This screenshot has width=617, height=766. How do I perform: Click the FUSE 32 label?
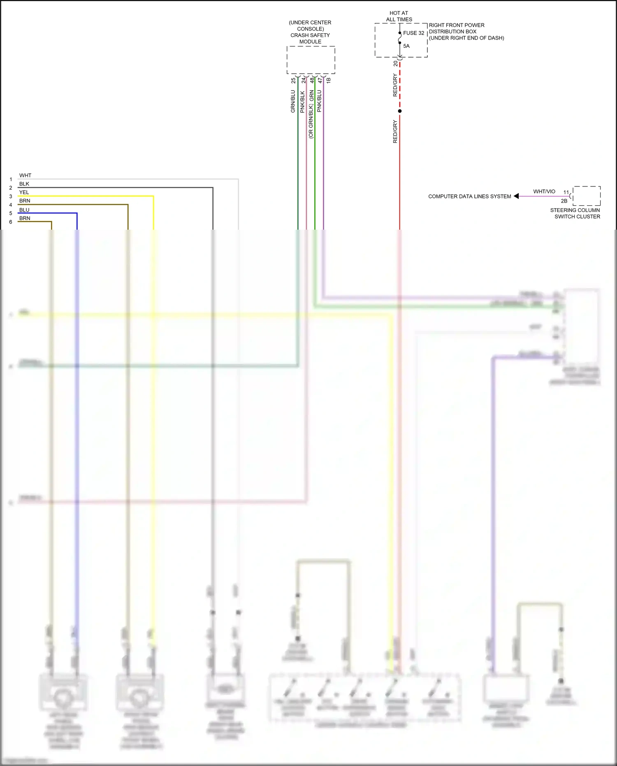coord(413,33)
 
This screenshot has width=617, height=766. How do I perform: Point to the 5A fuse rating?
coord(406,46)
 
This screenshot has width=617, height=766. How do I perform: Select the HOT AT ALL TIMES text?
coord(399,16)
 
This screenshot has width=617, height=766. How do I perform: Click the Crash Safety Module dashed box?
coord(311,60)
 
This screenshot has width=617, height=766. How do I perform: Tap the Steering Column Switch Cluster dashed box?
coord(587,196)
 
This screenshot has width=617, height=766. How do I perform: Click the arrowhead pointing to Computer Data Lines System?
coord(516,196)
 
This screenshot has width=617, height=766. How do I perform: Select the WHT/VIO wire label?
coord(544,191)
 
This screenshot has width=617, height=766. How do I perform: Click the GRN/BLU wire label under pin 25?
coord(293,101)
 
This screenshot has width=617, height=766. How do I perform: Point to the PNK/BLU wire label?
coord(319,101)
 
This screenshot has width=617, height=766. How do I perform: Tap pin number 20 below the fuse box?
coord(396,63)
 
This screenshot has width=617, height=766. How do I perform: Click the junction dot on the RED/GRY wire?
coord(400,111)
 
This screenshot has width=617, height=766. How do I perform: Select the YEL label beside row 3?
coord(24,192)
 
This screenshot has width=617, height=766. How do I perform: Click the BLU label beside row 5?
coord(24,210)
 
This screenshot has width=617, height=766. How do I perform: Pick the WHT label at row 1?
coord(25,175)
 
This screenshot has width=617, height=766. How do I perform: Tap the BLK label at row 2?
coord(24,184)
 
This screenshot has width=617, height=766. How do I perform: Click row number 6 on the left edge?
coord(11,222)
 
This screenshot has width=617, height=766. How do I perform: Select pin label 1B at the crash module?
coord(328,81)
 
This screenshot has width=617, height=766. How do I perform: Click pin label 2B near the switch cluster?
coord(564,201)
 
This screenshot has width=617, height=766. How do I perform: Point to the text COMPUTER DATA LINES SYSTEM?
coord(469,196)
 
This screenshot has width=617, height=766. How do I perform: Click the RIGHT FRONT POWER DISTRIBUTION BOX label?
coord(466,32)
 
